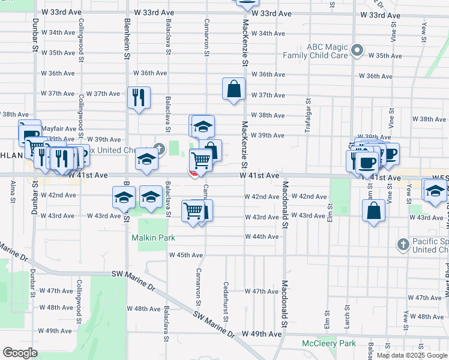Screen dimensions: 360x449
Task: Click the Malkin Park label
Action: tap(153, 238)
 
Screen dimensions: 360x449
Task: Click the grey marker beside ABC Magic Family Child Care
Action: tap(358, 50)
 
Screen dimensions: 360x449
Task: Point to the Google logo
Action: tap(20, 353)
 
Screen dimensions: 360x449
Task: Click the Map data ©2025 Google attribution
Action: tap(411, 355)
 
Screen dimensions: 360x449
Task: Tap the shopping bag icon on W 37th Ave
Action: tap(233, 89)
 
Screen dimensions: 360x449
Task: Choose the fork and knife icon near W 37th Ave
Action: tap(139, 97)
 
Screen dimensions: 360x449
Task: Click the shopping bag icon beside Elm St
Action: tap(373, 211)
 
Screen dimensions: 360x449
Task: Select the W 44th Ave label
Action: tap(262, 236)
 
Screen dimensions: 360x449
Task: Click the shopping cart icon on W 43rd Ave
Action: tap(193, 211)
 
